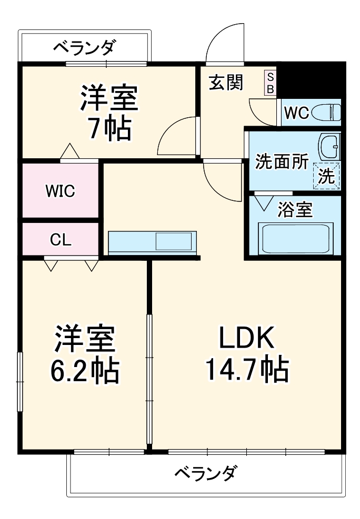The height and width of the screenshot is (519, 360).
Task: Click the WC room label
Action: (296, 113)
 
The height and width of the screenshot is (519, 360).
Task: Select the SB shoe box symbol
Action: (270, 83)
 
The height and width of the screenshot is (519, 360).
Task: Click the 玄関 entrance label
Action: (226, 83)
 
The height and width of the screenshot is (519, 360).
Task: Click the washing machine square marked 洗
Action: (327, 176)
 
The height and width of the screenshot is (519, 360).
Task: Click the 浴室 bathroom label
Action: (295, 210)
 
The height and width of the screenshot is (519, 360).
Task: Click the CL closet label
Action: (61, 240)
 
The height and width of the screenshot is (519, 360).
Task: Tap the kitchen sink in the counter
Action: (173, 241)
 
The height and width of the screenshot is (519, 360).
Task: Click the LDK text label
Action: (246, 339)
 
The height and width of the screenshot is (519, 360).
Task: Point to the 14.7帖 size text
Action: (246, 370)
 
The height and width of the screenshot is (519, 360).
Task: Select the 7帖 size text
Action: (109, 128)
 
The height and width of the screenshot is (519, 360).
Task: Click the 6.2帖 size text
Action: (84, 371)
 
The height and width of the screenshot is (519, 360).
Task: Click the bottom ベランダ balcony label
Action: (206, 472)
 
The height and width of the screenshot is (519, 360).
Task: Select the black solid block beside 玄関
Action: (311, 78)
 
